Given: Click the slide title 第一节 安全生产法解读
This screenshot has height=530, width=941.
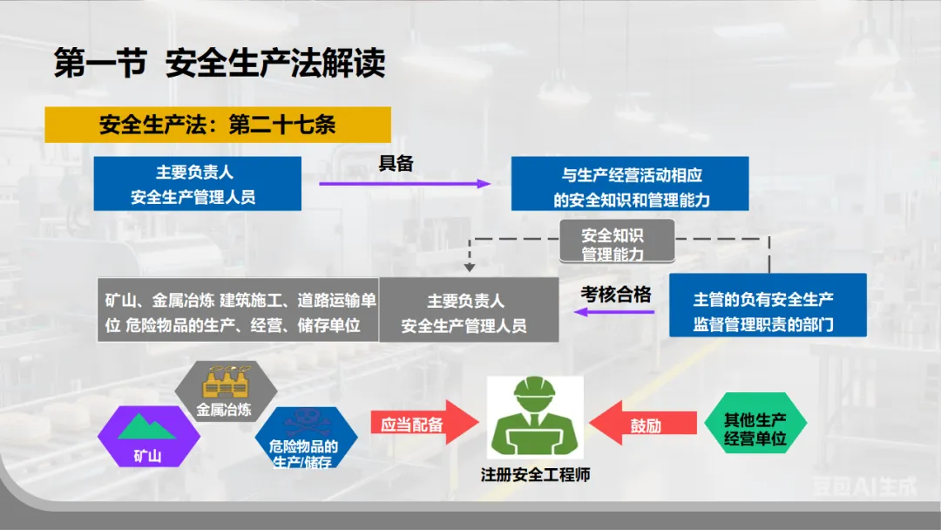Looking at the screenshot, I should click(220, 64).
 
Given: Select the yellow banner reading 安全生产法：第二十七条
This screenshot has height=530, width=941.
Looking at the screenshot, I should click(217, 125).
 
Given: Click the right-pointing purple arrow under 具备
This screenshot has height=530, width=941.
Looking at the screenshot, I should click(404, 184).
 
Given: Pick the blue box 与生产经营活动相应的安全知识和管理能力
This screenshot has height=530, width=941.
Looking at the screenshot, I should click(630, 184).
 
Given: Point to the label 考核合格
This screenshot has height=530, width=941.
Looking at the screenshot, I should click(616, 295).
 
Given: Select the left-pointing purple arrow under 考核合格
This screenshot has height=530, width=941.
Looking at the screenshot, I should click(616, 311).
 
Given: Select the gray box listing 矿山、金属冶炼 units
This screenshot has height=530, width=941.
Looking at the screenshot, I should click(237, 310).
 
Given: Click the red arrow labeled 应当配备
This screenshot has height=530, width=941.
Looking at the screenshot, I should click(423, 425).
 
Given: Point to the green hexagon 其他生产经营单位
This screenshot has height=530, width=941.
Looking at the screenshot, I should click(755, 425).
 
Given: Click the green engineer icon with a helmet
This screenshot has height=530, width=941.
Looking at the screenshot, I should click(535, 416).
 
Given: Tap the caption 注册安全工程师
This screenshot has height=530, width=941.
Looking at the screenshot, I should click(535, 475).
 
